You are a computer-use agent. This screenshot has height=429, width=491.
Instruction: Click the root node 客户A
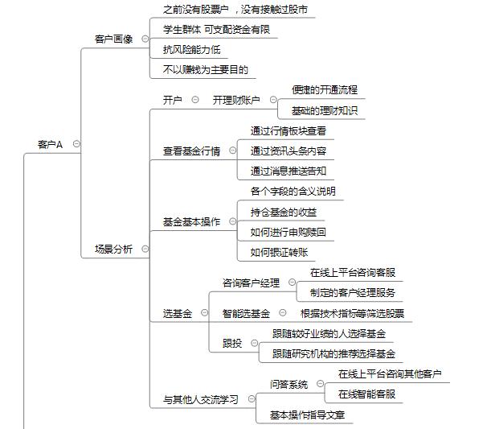[50, 145]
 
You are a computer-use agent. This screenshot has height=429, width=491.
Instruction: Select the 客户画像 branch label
[113, 39]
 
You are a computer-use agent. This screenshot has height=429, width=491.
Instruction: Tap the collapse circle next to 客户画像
[145, 39]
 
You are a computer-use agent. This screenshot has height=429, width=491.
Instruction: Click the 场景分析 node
[113, 250]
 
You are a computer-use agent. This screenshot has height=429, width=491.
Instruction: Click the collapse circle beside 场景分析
[145, 249]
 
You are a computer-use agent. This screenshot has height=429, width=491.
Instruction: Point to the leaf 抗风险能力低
[191, 50]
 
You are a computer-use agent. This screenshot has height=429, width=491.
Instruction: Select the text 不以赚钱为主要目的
[206, 69]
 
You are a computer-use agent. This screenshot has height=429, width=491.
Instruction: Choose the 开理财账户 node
[236, 101]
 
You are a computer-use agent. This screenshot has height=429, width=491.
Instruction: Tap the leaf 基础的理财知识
[325, 111]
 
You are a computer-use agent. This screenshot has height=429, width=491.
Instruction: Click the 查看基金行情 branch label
[191, 151]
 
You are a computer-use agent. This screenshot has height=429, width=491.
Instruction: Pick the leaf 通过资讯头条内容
[288, 151]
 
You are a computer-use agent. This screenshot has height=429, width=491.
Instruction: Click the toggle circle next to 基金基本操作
[233, 221]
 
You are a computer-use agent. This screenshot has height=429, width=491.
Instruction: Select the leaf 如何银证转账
[280, 253]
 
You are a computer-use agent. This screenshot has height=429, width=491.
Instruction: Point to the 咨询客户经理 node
[251, 283]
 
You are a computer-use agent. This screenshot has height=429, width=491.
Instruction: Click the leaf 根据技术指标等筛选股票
[352, 313]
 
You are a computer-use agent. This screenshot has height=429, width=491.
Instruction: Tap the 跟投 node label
[232, 344]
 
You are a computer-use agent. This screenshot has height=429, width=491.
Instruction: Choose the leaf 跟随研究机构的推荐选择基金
[333, 354]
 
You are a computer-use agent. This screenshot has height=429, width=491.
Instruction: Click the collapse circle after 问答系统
[320, 384]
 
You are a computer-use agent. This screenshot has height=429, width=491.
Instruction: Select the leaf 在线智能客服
[366, 394]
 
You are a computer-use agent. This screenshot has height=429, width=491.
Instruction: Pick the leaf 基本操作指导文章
[308, 415]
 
